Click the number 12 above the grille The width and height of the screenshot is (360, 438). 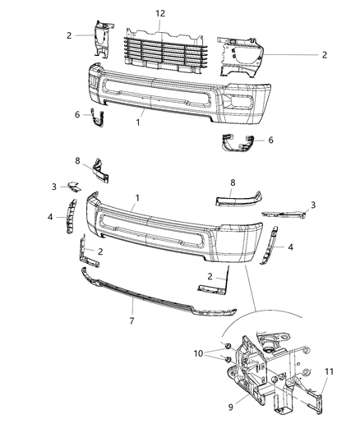(x=160, y=14)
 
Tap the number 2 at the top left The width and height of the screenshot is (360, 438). (x=71, y=35)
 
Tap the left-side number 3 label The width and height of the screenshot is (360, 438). (x=54, y=187)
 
